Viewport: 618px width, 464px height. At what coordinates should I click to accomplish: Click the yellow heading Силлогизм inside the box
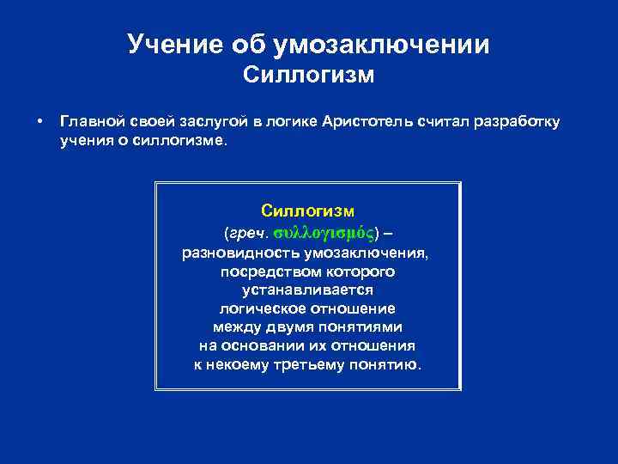coord(308,211)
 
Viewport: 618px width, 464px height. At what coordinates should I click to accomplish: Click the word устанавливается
coord(307,290)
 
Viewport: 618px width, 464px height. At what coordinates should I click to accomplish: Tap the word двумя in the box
coord(276,327)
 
